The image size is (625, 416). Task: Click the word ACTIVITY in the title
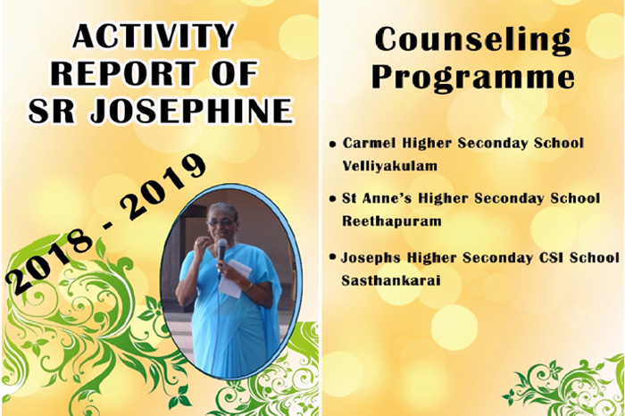tap(154, 36)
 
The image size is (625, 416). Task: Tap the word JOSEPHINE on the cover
tap(192, 111)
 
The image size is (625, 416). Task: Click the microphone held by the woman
tap(221, 250)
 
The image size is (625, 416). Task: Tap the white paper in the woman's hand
tap(235, 279)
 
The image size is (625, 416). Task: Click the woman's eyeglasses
tap(220, 222)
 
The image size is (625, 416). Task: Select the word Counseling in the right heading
tap(473, 40)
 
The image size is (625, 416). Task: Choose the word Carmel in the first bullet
tap(370, 143)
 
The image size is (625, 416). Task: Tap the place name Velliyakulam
tap(390, 165)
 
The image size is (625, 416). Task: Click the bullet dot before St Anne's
tap(332, 198)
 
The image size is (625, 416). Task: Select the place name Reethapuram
tap(391, 220)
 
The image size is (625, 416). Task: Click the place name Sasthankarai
tap(391, 280)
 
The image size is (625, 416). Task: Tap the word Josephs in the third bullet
tap(371, 258)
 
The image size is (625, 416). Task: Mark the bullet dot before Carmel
tap(333, 145)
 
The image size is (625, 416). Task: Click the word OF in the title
tap(234, 73)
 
